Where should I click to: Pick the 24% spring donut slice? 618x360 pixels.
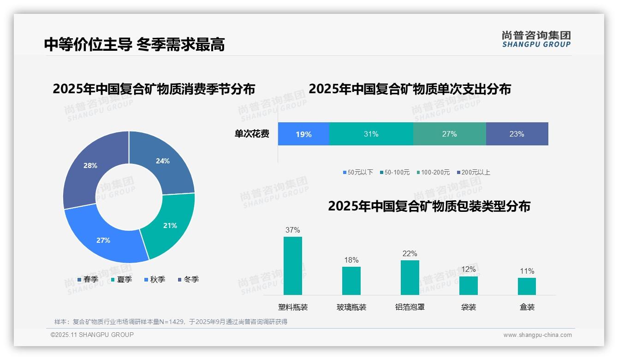pos(163,161)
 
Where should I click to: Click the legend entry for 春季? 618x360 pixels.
pos(88,279)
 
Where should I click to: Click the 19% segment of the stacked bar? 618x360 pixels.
pos(303,134)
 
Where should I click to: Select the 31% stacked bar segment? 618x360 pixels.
pos(371,134)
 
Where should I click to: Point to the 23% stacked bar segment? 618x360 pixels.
pos(517,134)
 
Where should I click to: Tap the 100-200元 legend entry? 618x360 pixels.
pos(433,172)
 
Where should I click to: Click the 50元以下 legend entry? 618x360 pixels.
pos(358,172)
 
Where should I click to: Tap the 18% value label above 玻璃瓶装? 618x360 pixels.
pos(351,260)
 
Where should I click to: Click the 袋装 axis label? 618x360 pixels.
pos(469,307)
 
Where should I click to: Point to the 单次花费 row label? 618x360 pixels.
pos(252,134)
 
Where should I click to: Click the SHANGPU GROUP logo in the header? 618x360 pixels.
pos(536,39)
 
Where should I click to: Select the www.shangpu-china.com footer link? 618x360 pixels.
pos(537,335)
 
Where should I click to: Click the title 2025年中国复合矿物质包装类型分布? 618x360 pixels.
pos(429,206)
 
